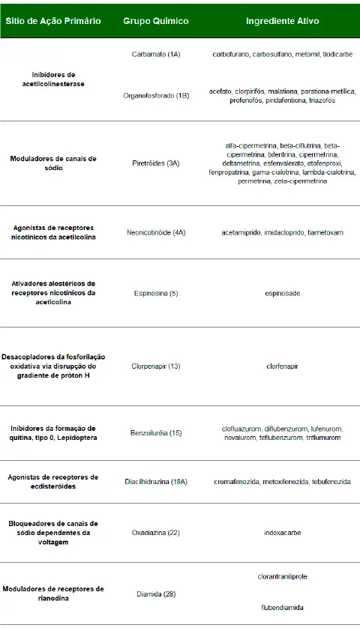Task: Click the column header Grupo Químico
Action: coord(156,21)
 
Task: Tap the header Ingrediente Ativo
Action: coord(283,21)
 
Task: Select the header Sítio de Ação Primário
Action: coord(53,21)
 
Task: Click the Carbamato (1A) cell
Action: coord(156,55)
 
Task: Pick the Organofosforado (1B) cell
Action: coord(156,96)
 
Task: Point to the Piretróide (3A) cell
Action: coord(156,163)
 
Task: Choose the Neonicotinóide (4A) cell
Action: coord(156,233)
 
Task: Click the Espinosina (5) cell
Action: coord(156,293)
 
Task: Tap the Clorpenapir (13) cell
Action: coord(156,366)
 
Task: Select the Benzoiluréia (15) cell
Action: coord(156,432)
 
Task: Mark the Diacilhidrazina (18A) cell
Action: coord(156,481)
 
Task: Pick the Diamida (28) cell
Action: coord(156,594)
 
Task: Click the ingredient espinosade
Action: coord(282,293)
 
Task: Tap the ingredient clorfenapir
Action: coord(282,366)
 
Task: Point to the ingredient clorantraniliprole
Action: coord(282,576)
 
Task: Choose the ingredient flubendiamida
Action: coord(282,609)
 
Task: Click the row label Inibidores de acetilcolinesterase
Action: coord(52,79)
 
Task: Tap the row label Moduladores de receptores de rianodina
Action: coord(52,594)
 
